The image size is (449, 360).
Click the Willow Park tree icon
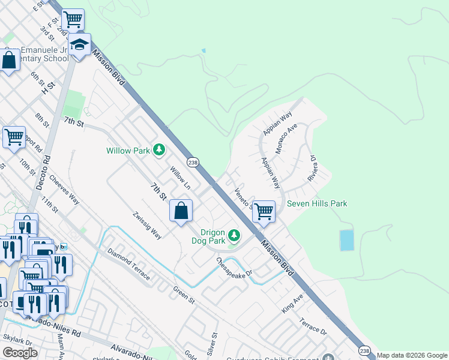pyautogui.click(x=159, y=149)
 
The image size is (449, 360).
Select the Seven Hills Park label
pyautogui.click(x=317, y=203)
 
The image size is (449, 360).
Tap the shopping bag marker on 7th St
pyautogui.click(x=181, y=211)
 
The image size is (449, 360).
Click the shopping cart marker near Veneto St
pyautogui.click(x=264, y=211)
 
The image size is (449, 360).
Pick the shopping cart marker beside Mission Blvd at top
pyautogui.click(x=73, y=20)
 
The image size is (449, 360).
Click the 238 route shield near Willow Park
pyautogui.click(x=193, y=162)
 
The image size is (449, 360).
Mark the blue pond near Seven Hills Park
pyautogui.click(x=347, y=240)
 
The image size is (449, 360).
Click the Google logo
pyautogui.click(x=20, y=353)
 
